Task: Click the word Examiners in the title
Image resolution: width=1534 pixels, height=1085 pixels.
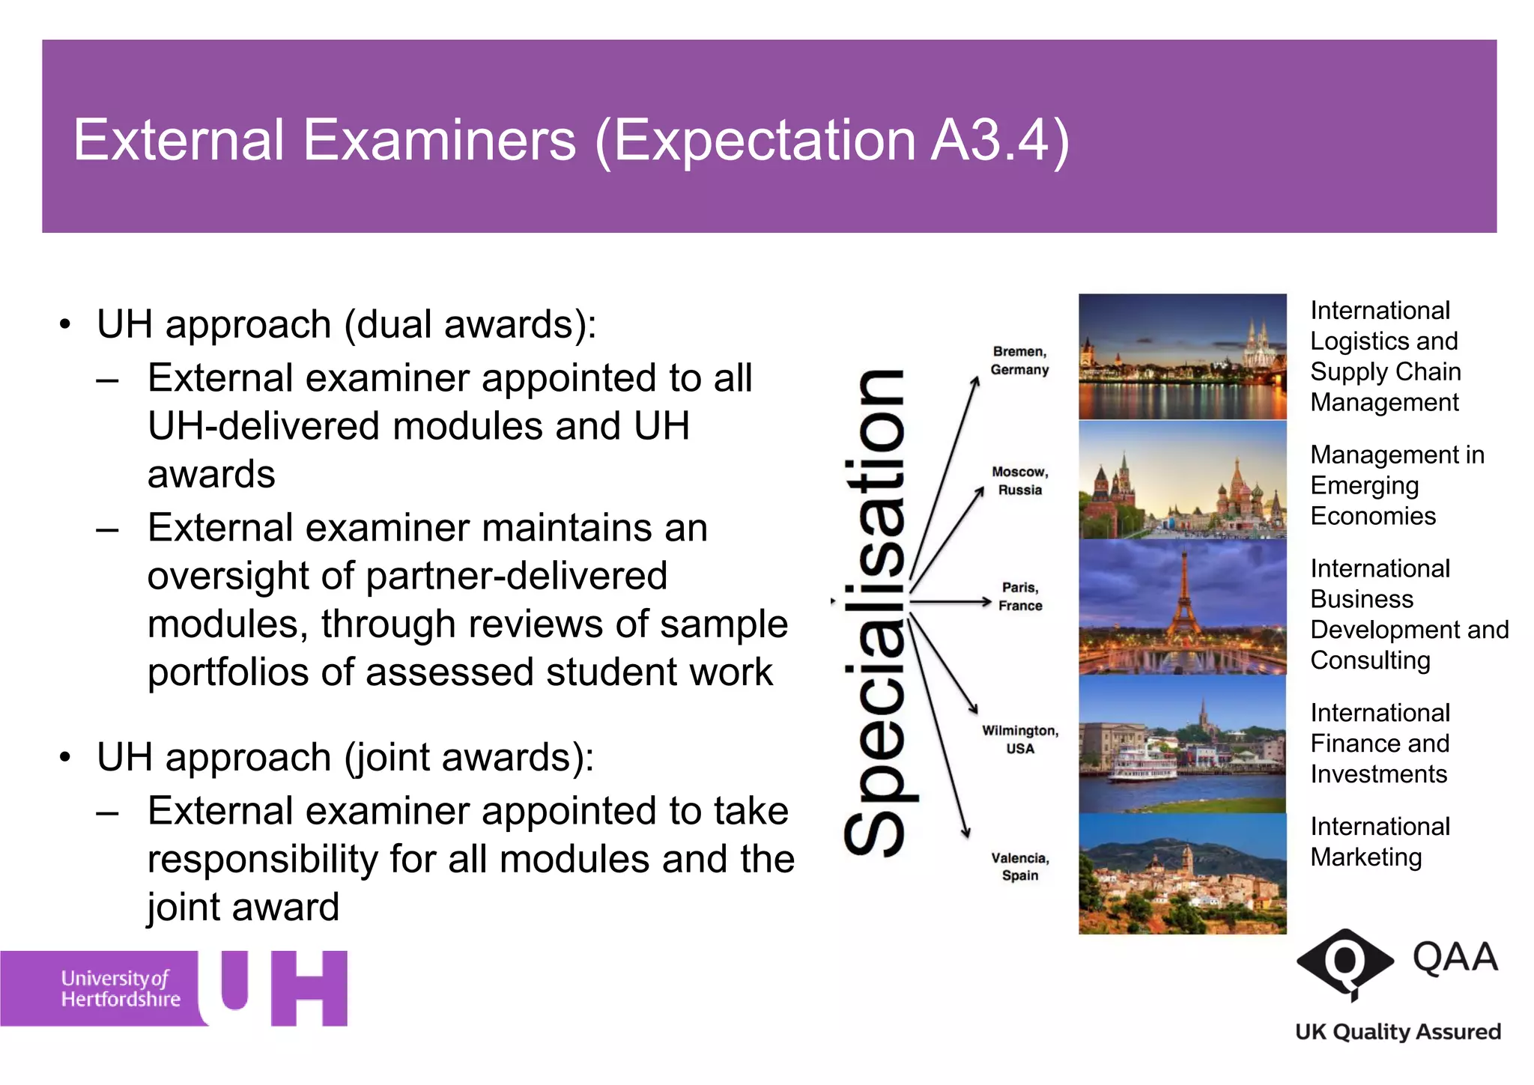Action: point(440,140)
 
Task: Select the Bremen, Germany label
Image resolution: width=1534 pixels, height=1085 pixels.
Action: point(1019,360)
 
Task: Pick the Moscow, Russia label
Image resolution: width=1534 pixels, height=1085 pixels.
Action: point(1019,481)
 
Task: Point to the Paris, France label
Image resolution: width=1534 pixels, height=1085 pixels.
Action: point(1020,596)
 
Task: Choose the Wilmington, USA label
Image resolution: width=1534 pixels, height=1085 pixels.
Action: point(1020,739)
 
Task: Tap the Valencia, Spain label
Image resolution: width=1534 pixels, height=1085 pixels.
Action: point(1020,866)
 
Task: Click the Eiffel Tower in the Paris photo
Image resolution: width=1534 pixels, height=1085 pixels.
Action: point(1183,599)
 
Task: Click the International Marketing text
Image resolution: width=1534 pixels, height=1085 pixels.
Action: point(1380,842)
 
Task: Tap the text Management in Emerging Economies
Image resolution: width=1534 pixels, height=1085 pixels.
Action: point(1396,485)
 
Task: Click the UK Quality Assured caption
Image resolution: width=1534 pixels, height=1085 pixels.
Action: point(1398,1032)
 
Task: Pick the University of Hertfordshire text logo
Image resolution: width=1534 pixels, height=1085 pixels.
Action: point(120,988)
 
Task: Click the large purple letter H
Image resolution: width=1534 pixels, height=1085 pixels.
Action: point(309,988)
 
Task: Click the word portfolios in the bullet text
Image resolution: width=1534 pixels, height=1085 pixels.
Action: point(228,672)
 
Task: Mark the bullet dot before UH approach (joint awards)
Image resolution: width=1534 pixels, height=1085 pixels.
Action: point(66,757)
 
